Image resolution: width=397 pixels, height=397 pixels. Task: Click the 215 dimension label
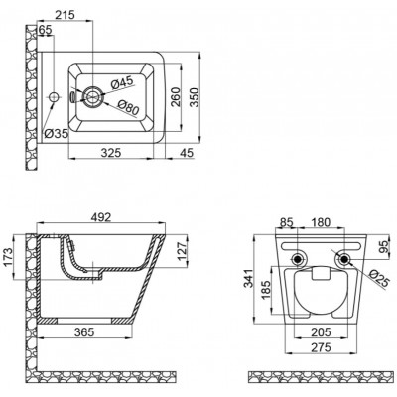coord(66,15)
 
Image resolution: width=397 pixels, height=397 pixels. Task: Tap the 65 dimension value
coord(45,30)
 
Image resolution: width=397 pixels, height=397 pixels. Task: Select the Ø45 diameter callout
coord(122,82)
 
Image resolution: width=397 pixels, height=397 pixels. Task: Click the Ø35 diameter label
coord(56,134)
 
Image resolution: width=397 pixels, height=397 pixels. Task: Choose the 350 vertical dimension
coord(195,97)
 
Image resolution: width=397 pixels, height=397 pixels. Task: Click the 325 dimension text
coord(111,153)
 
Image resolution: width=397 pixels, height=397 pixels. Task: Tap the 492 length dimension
coord(100,217)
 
